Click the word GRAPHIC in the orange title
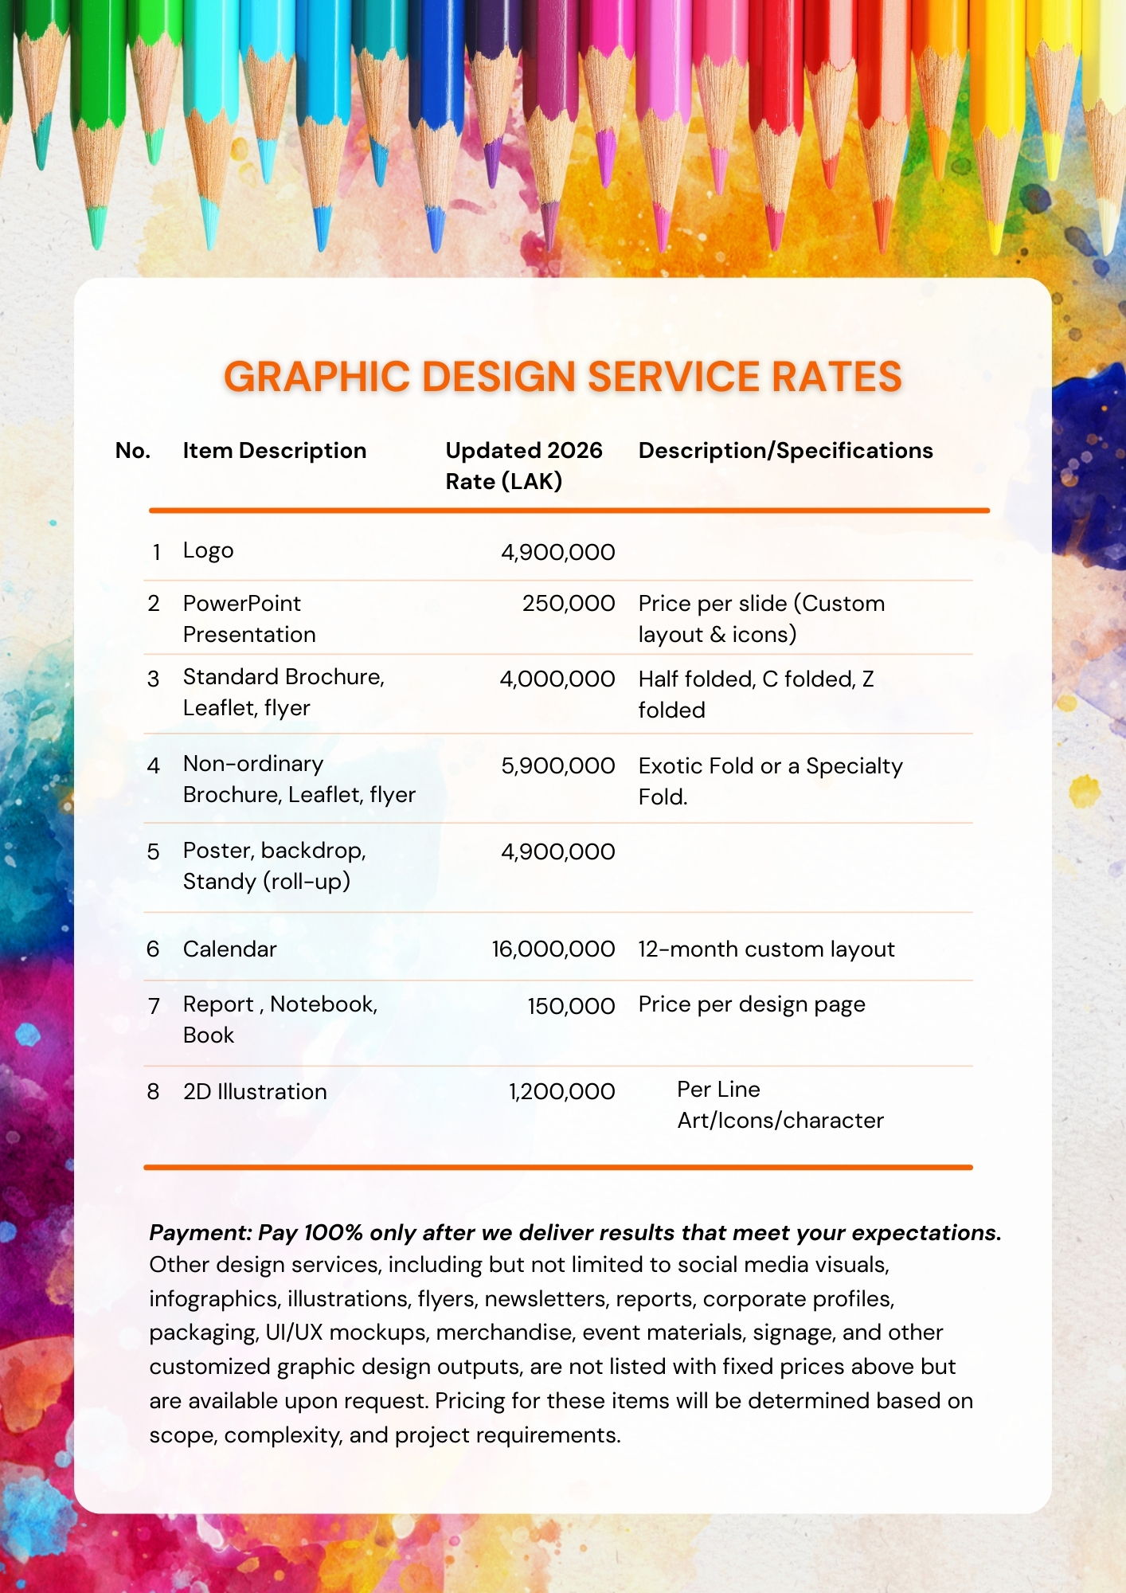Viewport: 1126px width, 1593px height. click(316, 377)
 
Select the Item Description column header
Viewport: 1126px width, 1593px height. click(275, 451)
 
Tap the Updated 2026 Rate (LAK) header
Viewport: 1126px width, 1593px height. click(523, 466)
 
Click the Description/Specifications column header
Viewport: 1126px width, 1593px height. click(785, 451)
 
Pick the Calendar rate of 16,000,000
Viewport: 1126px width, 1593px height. click(553, 949)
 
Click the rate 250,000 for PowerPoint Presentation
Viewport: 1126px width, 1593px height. click(568, 604)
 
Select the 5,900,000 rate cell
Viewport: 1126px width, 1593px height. click(557, 766)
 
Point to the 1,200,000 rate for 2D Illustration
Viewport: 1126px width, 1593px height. click(561, 1092)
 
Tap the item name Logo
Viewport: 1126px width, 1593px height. click(208, 551)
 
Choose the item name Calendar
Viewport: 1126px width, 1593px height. click(229, 949)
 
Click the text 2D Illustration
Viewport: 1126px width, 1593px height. click(255, 1092)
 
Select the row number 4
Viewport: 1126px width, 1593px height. click(154, 766)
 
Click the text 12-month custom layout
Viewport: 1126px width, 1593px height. click(766, 949)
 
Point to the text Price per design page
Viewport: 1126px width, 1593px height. click(752, 1005)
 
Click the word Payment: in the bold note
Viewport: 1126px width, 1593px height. click(200, 1233)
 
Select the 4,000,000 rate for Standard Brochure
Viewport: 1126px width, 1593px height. click(557, 679)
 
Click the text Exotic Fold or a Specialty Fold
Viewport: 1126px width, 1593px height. click(770, 781)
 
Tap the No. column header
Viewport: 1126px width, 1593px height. click(133, 451)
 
